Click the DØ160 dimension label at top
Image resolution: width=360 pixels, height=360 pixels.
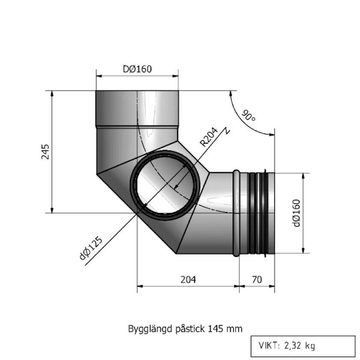137,69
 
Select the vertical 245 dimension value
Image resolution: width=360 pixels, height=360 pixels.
46,151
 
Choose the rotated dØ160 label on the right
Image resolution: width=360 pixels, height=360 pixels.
296,213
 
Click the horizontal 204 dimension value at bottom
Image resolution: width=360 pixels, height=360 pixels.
187,279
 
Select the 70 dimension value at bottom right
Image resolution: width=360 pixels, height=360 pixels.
257,279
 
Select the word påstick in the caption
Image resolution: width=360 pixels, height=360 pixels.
188,329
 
